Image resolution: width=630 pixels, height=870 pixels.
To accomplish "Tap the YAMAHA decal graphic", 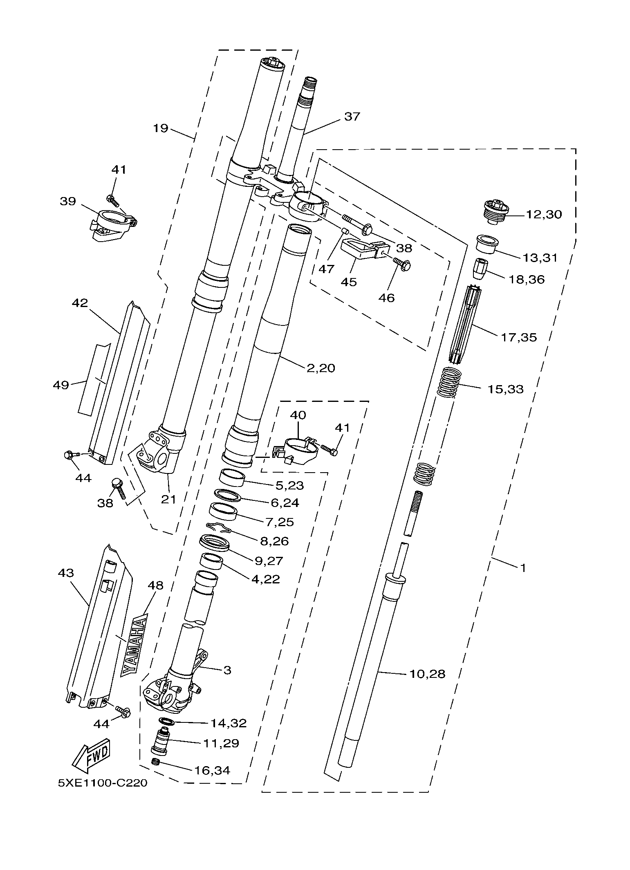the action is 133,646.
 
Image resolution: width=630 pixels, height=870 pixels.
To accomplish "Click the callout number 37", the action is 352,117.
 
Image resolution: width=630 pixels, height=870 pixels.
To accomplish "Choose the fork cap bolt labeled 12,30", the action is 495,211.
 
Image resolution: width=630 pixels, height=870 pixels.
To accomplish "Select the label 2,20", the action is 321,368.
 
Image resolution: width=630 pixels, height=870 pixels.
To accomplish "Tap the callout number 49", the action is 61,385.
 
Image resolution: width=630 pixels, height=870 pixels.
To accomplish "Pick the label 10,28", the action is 427,674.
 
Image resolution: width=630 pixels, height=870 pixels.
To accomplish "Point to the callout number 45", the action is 349,282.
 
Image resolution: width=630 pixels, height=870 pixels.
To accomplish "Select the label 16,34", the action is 212,770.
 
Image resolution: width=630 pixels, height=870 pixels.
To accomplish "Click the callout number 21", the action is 168,499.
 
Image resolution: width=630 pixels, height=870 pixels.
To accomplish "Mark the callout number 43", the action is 66,573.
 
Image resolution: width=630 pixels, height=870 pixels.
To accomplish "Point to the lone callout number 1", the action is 523,567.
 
